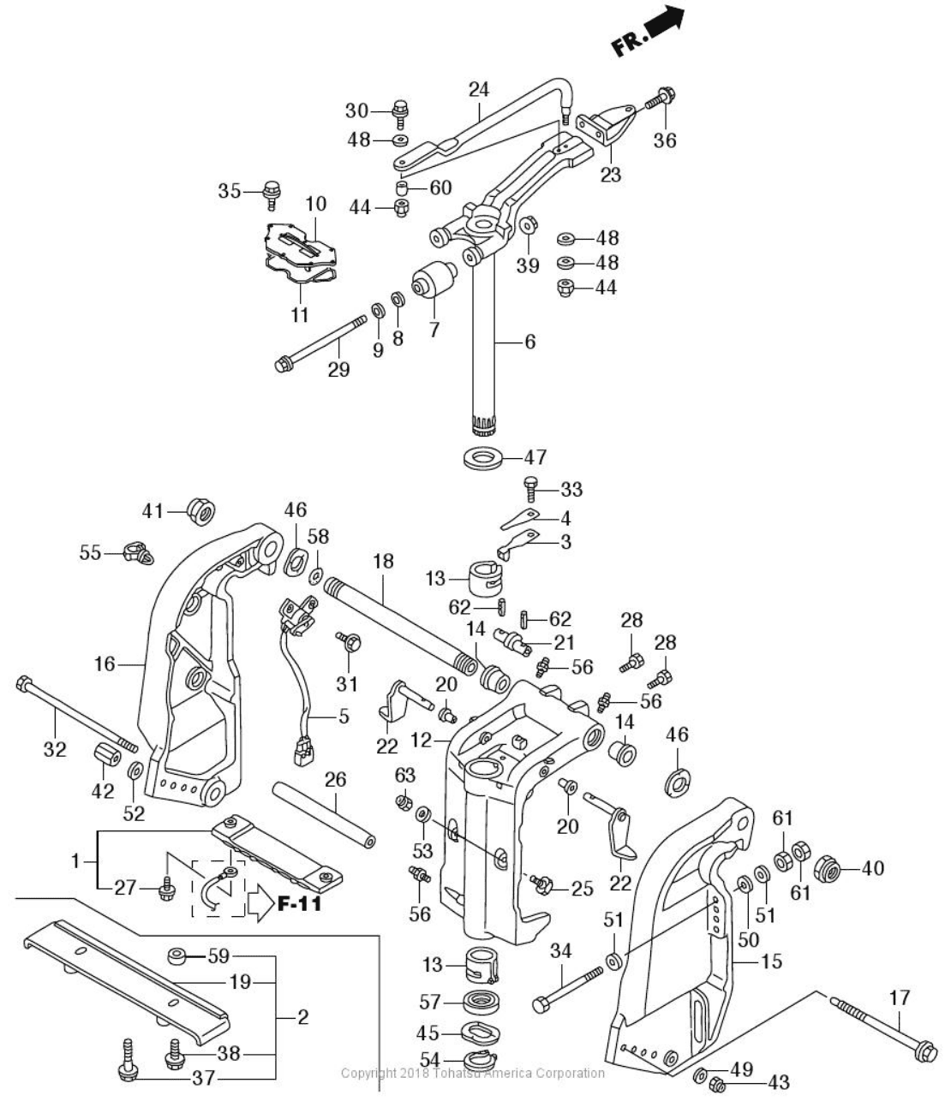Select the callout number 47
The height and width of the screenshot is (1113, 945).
coord(536,457)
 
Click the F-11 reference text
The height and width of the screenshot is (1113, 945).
coord(299,902)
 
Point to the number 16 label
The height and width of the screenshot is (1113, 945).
coord(105,664)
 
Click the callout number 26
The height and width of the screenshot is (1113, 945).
coord(335,779)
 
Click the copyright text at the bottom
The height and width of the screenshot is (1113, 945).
coord(472,1073)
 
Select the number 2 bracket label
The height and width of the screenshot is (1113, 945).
coord(302,1018)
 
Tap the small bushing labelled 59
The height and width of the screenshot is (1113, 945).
coord(177,955)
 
